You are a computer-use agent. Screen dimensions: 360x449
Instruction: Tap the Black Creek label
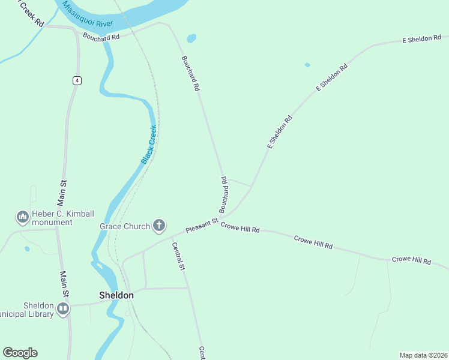pos(149,145)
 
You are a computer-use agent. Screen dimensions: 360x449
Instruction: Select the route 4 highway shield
pos(76,80)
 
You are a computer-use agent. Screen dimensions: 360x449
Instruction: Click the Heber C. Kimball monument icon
pos(23,216)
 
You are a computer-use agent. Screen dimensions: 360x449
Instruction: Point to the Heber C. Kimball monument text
pos(53,218)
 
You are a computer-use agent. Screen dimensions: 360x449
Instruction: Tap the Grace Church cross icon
pos(158,226)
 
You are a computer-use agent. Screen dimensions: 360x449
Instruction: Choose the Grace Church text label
pos(124,226)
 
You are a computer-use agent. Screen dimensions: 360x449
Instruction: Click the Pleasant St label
pos(201,227)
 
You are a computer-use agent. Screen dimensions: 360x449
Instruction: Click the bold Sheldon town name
pos(116,295)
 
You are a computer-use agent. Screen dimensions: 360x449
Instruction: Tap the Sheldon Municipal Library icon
pos(63,309)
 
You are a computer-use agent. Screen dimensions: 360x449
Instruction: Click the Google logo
pos(20,353)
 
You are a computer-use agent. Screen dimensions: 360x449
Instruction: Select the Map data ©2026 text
pos(423,355)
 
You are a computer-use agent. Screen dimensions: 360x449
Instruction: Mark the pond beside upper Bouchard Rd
pos(191,38)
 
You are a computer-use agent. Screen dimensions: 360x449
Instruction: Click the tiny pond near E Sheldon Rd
pos(307,65)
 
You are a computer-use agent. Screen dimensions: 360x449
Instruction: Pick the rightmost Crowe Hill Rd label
pos(411,260)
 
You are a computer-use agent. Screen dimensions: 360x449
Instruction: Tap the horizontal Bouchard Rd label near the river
pos(101,37)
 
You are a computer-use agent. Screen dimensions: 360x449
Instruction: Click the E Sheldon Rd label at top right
pos(421,39)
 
